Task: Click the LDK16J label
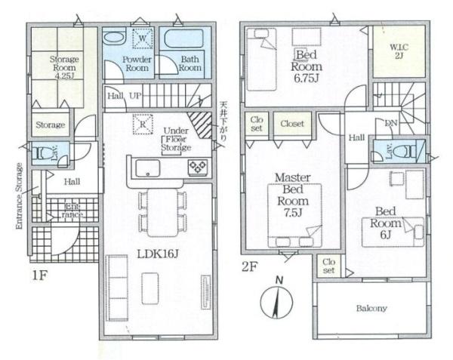click(x=158, y=254)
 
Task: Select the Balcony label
click(x=371, y=309)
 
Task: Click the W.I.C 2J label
click(x=399, y=51)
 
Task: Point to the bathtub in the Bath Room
click(x=183, y=39)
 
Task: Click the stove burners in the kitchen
click(x=198, y=167)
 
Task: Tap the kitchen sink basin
click(x=148, y=168)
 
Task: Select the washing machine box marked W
click(x=143, y=38)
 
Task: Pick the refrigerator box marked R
click(x=143, y=124)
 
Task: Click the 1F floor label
click(x=39, y=275)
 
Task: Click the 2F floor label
click(x=248, y=266)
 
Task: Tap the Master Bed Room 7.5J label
click(x=293, y=195)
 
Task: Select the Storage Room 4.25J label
click(x=64, y=68)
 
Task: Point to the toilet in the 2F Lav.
click(x=404, y=151)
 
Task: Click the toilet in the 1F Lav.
click(x=41, y=153)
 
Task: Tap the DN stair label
click(x=391, y=123)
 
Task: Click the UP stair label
click(x=135, y=96)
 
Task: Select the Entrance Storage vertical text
click(x=19, y=196)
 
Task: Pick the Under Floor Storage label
click(x=176, y=139)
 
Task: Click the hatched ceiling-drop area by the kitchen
click(x=201, y=125)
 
